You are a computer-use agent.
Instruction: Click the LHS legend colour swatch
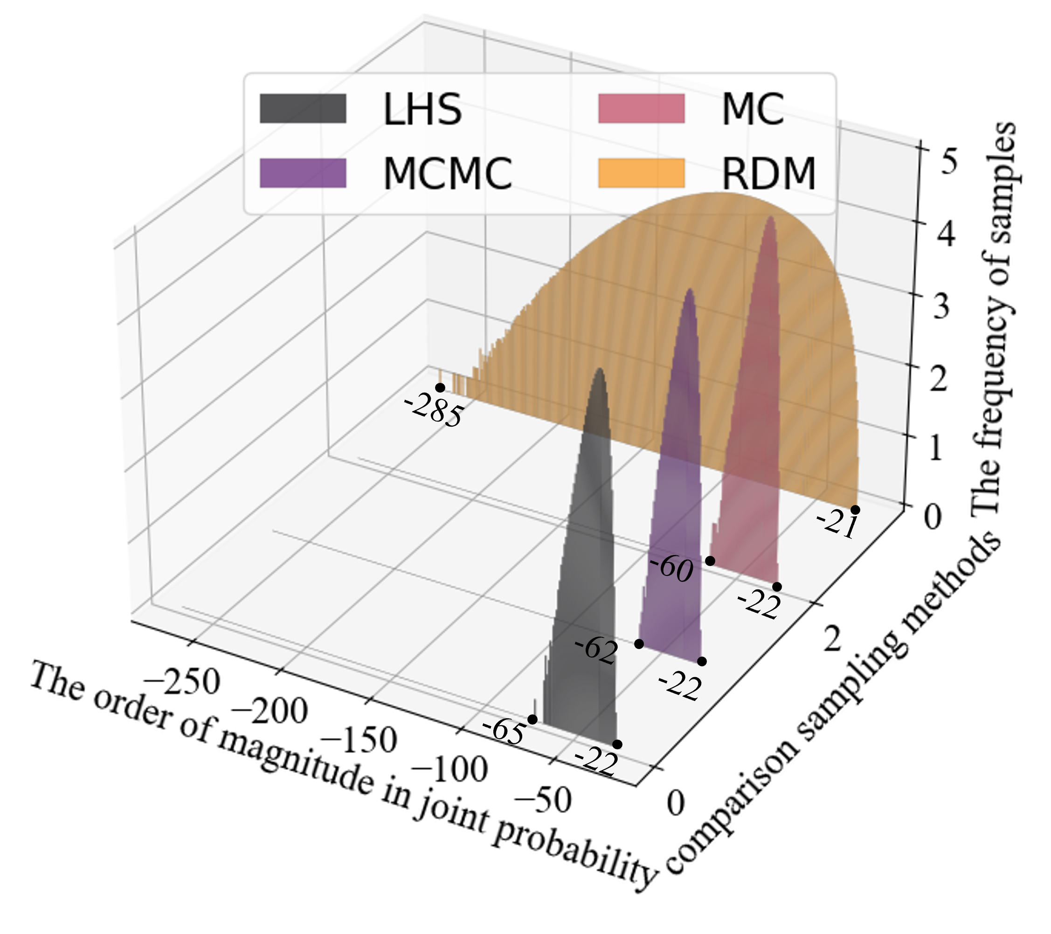click(x=303, y=108)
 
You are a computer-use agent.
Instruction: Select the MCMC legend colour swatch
click(x=303, y=173)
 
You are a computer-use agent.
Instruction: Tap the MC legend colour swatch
click(x=641, y=108)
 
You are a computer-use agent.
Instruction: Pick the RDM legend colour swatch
click(x=641, y=173)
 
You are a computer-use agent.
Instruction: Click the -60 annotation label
click(x=671, y=569)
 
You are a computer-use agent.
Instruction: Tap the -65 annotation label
click(x=504, y=731)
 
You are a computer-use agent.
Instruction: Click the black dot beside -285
click(x=440, y=387)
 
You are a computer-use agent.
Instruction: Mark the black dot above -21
click(x=855, y=510)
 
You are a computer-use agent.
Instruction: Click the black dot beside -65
click(x=532, y=720)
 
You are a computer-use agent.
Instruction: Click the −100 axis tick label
click(x=449, y=769)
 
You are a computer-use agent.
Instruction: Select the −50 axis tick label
click(x=542, y=800)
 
